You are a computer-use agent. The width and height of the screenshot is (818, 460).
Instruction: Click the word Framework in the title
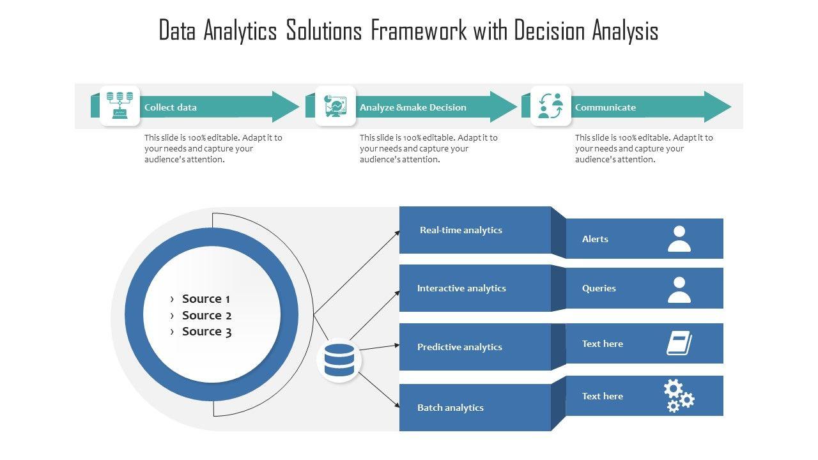click(419, 31)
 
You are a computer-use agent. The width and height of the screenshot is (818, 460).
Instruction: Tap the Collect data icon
click(120, 105)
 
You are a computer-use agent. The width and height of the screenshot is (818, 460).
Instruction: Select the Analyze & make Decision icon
click(336, 106)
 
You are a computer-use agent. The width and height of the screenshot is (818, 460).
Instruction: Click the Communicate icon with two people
click(551, 106)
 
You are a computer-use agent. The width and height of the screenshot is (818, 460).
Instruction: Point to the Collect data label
click(171, 107)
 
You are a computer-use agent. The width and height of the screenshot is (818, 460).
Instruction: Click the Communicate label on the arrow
click(605, 107)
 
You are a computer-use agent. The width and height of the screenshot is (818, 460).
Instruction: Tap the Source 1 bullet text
click(206, 299)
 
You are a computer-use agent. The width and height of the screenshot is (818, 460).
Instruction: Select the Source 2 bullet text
click(206, 316)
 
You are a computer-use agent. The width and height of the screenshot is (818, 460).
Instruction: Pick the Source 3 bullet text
click(206, 332)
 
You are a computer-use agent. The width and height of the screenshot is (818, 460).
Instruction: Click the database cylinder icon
click(339, 360)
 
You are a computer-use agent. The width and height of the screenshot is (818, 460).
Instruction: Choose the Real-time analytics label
click(461, 230)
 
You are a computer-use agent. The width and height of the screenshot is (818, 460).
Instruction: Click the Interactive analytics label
click(461, 288)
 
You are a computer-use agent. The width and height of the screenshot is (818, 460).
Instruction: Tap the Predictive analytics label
click(459, 347)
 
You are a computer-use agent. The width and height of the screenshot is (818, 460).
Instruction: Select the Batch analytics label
click(451, 408)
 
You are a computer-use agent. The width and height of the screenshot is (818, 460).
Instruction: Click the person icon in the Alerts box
click(679, 238)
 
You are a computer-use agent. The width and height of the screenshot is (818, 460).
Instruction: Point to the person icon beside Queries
click(679, 289)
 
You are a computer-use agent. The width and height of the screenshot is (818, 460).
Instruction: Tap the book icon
click(679, 343)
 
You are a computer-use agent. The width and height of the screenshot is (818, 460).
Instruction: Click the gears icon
click(679, 395)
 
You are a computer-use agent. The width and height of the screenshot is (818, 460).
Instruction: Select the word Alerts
click(595, 239)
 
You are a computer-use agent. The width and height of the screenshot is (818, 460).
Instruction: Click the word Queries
click(599, 288)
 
